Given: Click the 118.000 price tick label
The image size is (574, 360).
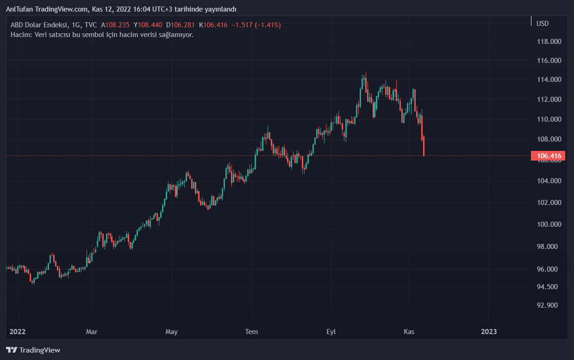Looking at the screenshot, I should pyautogui.click(x=549, y=42).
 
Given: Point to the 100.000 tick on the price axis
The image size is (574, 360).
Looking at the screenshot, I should pyautogui.click(x=549, y=224).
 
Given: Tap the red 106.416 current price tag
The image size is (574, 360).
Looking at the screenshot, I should pyautogui.click(x=549, y=156).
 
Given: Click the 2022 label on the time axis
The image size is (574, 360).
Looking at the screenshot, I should pyautogui.click(x=18, y=332).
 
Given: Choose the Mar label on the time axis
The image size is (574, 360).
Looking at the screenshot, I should pyautogui.click(x=92, y=332).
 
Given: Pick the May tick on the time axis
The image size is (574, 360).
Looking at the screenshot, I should pyautogui.click(x=172, y=332).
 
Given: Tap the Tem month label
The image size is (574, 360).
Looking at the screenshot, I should pyautogui.click(x=251, y=332).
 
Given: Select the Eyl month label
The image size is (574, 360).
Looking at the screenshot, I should pyautogui.click(x=331, y=332).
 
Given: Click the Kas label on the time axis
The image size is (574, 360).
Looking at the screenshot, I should pyautogui.click(x=409, y=332).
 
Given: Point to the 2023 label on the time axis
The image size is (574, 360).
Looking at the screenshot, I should pyautogui.click(x=489, y=332).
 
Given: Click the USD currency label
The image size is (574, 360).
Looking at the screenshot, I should pyautogui.click(x=543, y=24).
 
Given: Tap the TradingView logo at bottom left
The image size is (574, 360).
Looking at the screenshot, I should pyautogui.click(x=33, y=350).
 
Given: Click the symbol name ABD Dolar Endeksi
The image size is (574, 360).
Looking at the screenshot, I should pyautogui.click(x=38, y=25).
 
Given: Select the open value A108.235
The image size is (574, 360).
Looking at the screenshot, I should pyautogui.click(x=115, y=25).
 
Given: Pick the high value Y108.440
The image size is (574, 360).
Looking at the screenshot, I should pyautogui.click(x=148, y=25).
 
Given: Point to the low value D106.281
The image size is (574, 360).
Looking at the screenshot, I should pyautogui.click(x=180, y=25).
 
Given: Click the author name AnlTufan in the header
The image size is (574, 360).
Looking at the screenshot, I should pyautogui.click(x=19, y=9).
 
